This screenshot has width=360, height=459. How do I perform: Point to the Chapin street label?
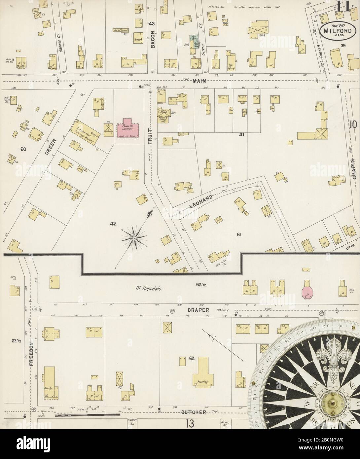click(x=354, y=169)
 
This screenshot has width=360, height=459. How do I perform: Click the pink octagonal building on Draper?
click(x=307, y=292)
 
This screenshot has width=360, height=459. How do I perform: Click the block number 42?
click(x=113, y=224)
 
